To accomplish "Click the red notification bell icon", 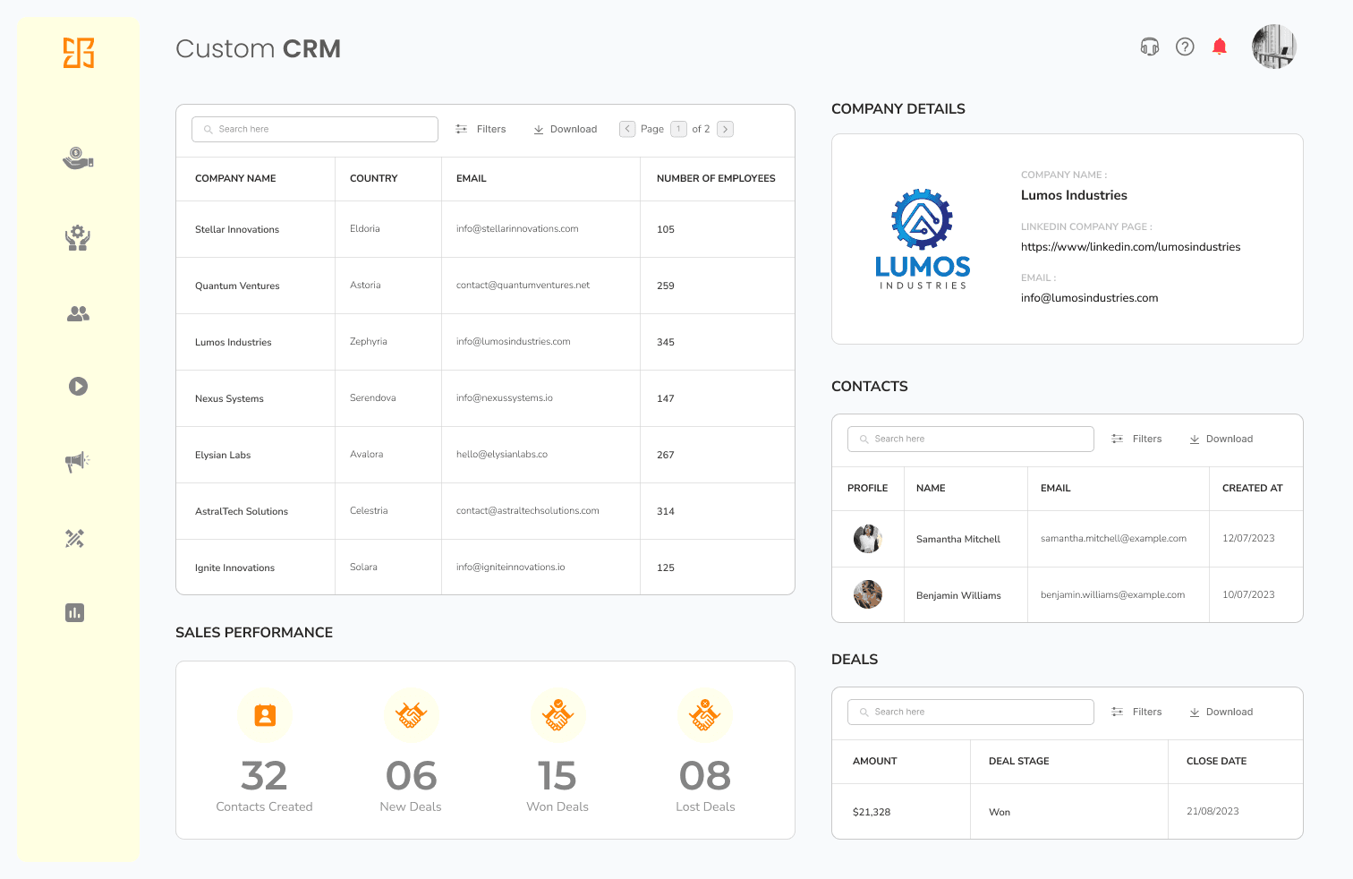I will tap(1219, 47).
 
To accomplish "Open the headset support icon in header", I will tap(1150, 47).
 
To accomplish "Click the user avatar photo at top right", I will tap(1274, 47).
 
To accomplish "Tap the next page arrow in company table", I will tap(726, 129).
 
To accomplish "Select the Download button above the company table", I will tap(566, 129).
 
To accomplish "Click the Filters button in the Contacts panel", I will tap(1136, 439).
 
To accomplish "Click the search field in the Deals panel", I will tap(970, 712).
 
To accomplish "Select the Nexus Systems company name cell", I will tap(229, 398).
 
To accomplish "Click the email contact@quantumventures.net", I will tap(523, 286).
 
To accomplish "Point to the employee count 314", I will tap(666, 511).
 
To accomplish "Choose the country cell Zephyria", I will tap(369, 342).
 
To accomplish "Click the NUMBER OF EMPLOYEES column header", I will tap(716, 178).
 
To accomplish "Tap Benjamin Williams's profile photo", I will tap(868, 594).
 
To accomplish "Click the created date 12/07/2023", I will tap(1248, 539).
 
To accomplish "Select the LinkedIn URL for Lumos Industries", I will tap(1130, 247).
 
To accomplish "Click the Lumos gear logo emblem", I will tap(922, 219).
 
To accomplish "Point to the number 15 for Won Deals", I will tap(557, 776).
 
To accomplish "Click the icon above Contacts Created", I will tap(265, 715).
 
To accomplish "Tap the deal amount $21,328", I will tap(872, 812).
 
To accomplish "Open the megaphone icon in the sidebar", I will tap(78, 462).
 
